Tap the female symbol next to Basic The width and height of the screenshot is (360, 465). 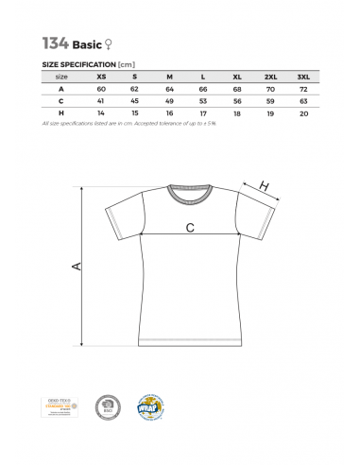[x=116, y=43]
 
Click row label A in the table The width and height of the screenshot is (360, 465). [x=60, y=88]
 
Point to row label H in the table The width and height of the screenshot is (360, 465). [x=60, y=112]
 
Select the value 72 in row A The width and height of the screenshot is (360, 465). [x=302, y=88]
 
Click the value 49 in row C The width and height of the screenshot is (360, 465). [x=168, y=100]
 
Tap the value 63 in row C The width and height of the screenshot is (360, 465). [x=302, y=100]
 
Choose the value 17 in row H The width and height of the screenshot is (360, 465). [x=201, y=112]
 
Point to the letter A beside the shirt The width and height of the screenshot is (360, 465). [x=77, y=268]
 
